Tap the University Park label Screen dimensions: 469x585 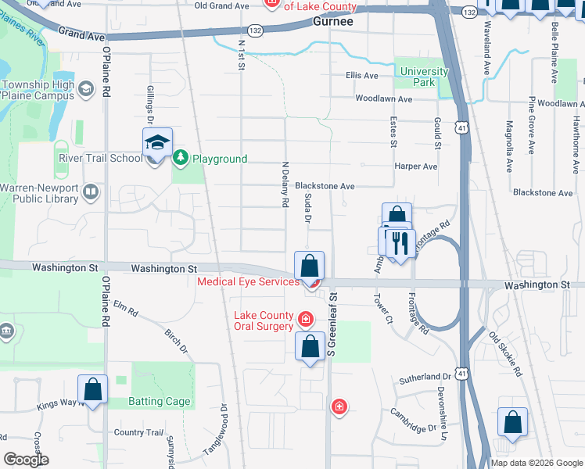coord(424,77)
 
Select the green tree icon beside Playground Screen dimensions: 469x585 coord(181,159)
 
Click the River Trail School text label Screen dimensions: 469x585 coord(100,158)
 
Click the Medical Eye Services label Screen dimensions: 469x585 coord(248,281)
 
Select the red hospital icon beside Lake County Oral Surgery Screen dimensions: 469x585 coord(305,320)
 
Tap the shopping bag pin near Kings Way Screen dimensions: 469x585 coord(92,388)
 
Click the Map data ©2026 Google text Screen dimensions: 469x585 coord(536,463)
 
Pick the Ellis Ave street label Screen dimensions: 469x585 coord(361,76)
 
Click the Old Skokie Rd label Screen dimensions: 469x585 coord(506,355)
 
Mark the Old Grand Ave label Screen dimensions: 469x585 coord(221,5)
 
